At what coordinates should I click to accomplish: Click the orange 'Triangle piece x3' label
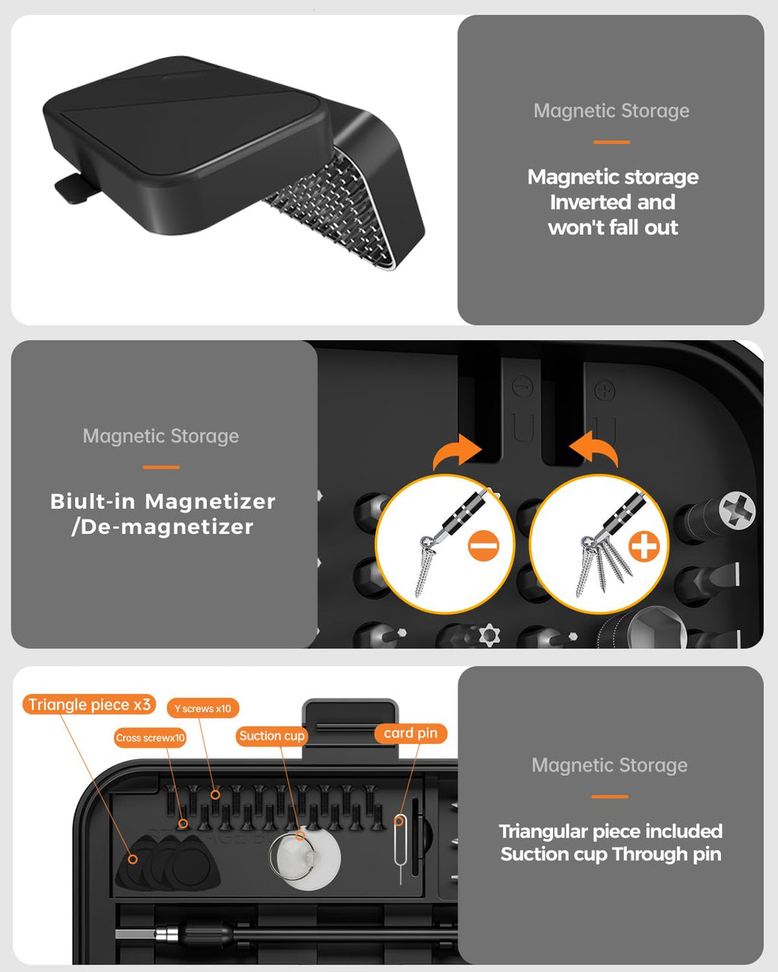(x=90, y=705)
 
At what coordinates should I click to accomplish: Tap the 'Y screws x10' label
(x=202, y=708)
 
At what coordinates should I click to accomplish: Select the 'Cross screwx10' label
(x=150, y=737)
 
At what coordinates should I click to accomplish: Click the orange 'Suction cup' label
(x=271, y=736)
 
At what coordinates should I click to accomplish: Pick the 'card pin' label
(x=410, y=733)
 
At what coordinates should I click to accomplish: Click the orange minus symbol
(x=483, y=546)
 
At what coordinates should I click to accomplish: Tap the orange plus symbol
(x=644, y=546)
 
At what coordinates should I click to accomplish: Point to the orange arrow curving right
(x=457, y=453)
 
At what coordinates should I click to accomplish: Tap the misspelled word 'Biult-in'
(x=93, y=501)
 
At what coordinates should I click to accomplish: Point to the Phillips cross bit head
(x=736, y=510)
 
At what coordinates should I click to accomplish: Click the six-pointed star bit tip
(x=488, y=635)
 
